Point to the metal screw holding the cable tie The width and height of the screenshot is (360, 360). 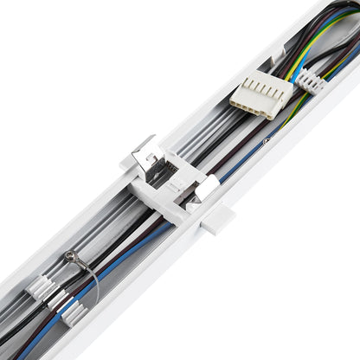coord(69,256)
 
